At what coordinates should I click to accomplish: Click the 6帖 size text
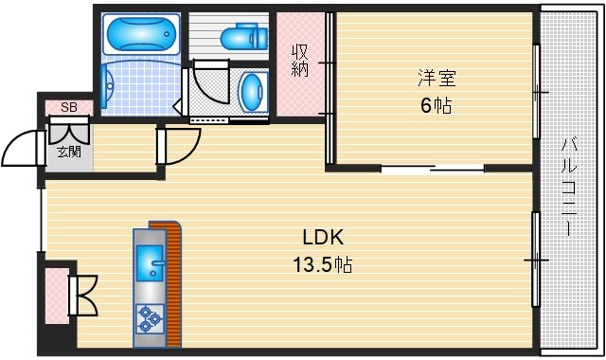[x=436, y=105]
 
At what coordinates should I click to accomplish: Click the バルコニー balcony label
[x=569, y=186]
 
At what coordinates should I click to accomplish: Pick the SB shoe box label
[x=68, y=107]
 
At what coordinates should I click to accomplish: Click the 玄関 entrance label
[x=67, y=152]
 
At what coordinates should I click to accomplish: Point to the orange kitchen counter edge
[x=172, y=284]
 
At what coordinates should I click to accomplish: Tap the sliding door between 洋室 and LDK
[x=434, y=169]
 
